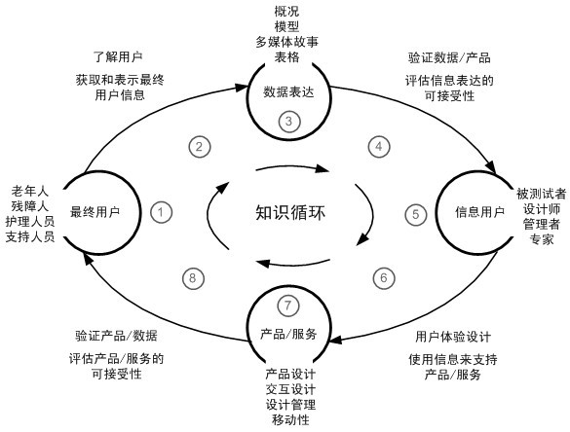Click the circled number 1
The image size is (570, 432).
(162, 211)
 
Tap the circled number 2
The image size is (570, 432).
(198, 147)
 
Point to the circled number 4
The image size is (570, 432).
(378, 147)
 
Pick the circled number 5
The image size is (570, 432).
(415, 212)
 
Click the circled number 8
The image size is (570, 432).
(193, 278)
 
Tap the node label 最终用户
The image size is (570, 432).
(95, 212)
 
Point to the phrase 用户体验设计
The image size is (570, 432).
(452, 336)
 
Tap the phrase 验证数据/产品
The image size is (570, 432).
(448, 57)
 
